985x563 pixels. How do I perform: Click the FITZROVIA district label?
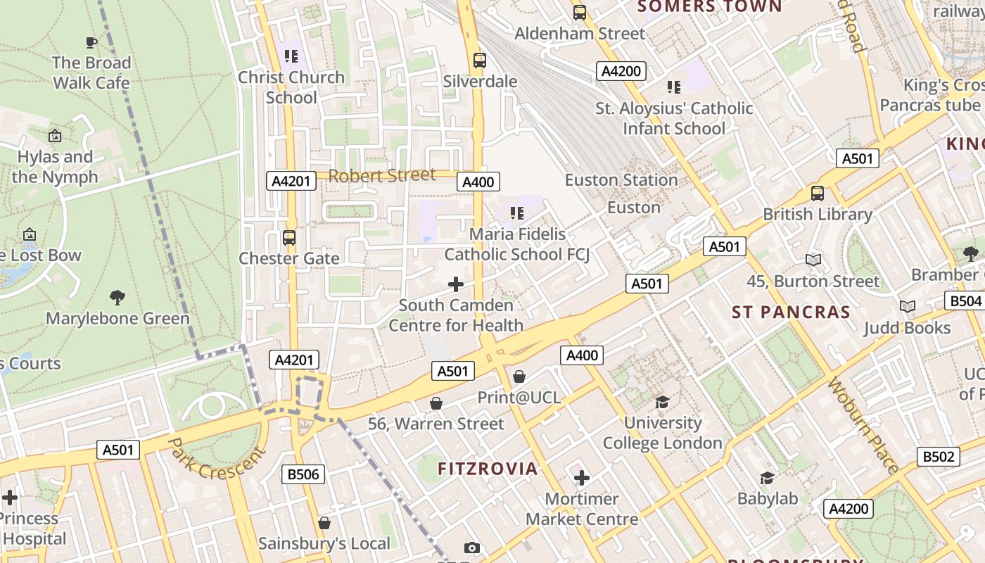(x=488, y=469)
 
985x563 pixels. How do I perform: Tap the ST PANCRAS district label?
(x=791, y=312)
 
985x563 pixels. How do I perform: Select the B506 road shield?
(x=303, y=474)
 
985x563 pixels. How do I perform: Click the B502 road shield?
(x=939, y=457)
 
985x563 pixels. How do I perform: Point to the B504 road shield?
(x=965, y=301)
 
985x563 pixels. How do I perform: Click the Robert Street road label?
(x=382, y=175)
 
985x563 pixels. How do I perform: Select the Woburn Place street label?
(x=863, y=425)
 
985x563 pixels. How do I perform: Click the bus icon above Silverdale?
(x=480, y=61)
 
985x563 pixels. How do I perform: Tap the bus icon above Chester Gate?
(x=288, y=238)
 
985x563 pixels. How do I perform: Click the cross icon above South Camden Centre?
(x=456, y=284)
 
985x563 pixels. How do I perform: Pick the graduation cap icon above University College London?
(x=662, y=402)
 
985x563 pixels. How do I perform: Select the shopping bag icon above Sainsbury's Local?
(x=324, y=523)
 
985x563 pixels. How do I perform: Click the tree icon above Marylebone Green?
(x=117, y=298)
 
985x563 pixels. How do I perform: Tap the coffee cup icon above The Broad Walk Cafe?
(x=91, y=42)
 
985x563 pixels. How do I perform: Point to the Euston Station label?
(x=621, y=180)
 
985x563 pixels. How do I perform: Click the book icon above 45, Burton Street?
(x=813, y=260)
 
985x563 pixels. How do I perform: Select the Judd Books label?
(x=907, y=328)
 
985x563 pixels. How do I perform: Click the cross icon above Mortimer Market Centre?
(x=581, y=479)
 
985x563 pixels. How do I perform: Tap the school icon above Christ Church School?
(x=291, y=56)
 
